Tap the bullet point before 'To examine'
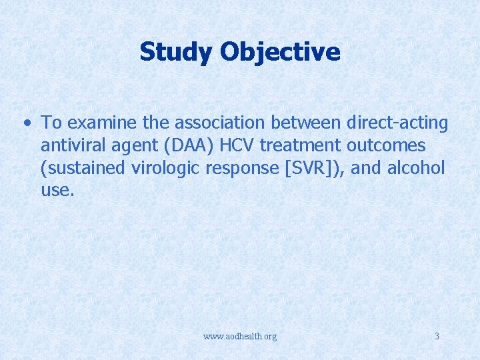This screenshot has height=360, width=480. click(x=26, y=123)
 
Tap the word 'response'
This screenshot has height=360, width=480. click(x=241, y=168)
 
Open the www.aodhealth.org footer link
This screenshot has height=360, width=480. click(x=240, y=337)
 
